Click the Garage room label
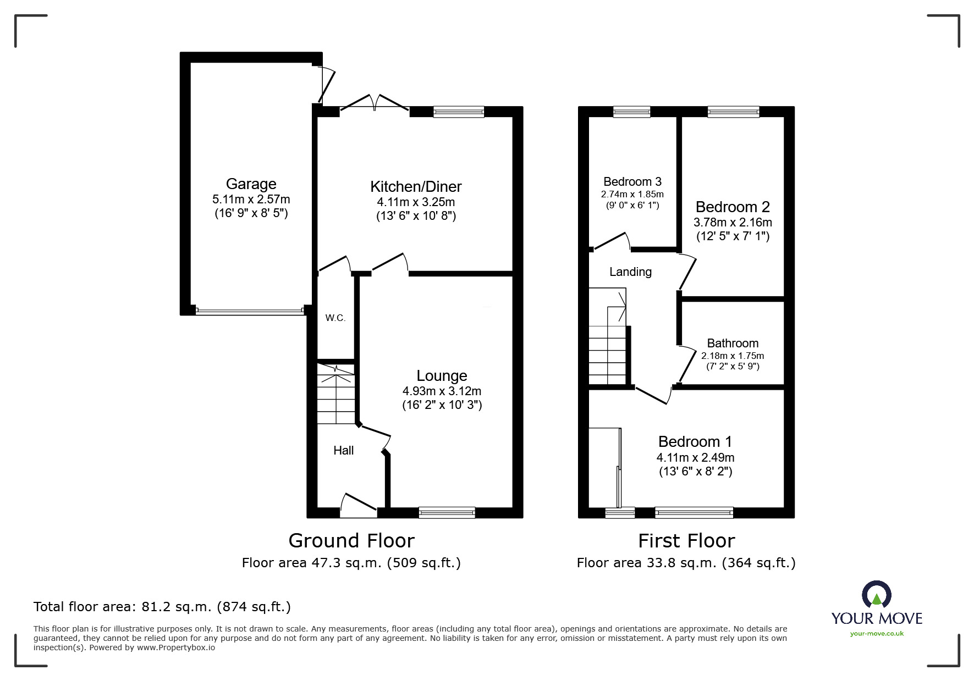pyautogui.click(x=251, y=184)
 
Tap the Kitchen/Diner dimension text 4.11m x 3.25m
pyautogui.click(x=416, y=202)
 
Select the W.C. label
pyautogui.click(x=335, y=318)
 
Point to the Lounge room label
pyautogui.click(x=442, y=375)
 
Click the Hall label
pyautogui.click(x=343, y=450)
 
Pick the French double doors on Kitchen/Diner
pyautogui.click(x=374, y=105)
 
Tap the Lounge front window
pyautogui.click(x=447, y=512)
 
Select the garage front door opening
pyautogui.click(x=249, y=311)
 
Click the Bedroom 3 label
pyautogui.click(x=632, y=181)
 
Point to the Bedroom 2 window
pyautogui.click(x=733, y=112)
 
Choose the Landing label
pyautogui.click(x=630, y=272)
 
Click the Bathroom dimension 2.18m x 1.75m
pyautogui.click(x=732, y=356)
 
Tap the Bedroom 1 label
pyautogui.click(x=695, y=441)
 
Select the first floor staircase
pyautogui.click(x=608, y=346)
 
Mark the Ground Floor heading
pyautogui.click(x=351, y=540)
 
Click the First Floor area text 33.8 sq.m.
pyautogui.click(x=685, y=563)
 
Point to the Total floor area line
pyautogui.click(x=162, y=607)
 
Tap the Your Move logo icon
pyautogui.click(x=876, y=595)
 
